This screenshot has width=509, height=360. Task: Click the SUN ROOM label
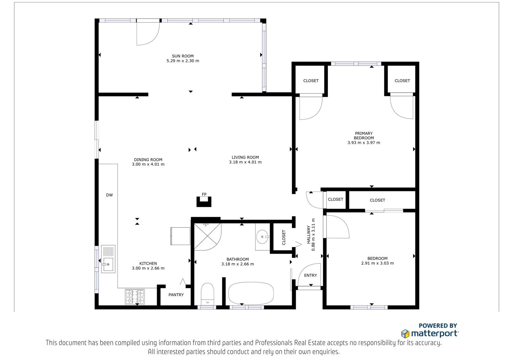point(183,56)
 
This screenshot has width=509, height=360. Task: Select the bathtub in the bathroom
point(251,293)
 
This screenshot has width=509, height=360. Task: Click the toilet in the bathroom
point(207,294)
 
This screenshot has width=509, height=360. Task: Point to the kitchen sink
point(108,259)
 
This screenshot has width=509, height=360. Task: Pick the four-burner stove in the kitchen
point(135,297)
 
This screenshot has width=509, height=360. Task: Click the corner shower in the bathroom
point(207,237)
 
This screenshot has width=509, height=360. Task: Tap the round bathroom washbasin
point(262,237)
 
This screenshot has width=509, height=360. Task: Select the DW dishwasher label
point(109,195)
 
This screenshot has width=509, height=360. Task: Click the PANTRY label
point(176,295)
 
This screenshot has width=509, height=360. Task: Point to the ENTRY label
point(310,275)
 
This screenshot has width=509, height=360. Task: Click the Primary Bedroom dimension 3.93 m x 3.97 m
point(364,143)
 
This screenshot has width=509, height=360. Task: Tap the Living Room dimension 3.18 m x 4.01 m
point(245,162)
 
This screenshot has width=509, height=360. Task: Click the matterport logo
point(430,334)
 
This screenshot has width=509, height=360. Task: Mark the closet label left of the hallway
point(283,237)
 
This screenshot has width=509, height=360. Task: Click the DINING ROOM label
point(148,160)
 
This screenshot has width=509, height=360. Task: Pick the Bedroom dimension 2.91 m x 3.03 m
point(377,263)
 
